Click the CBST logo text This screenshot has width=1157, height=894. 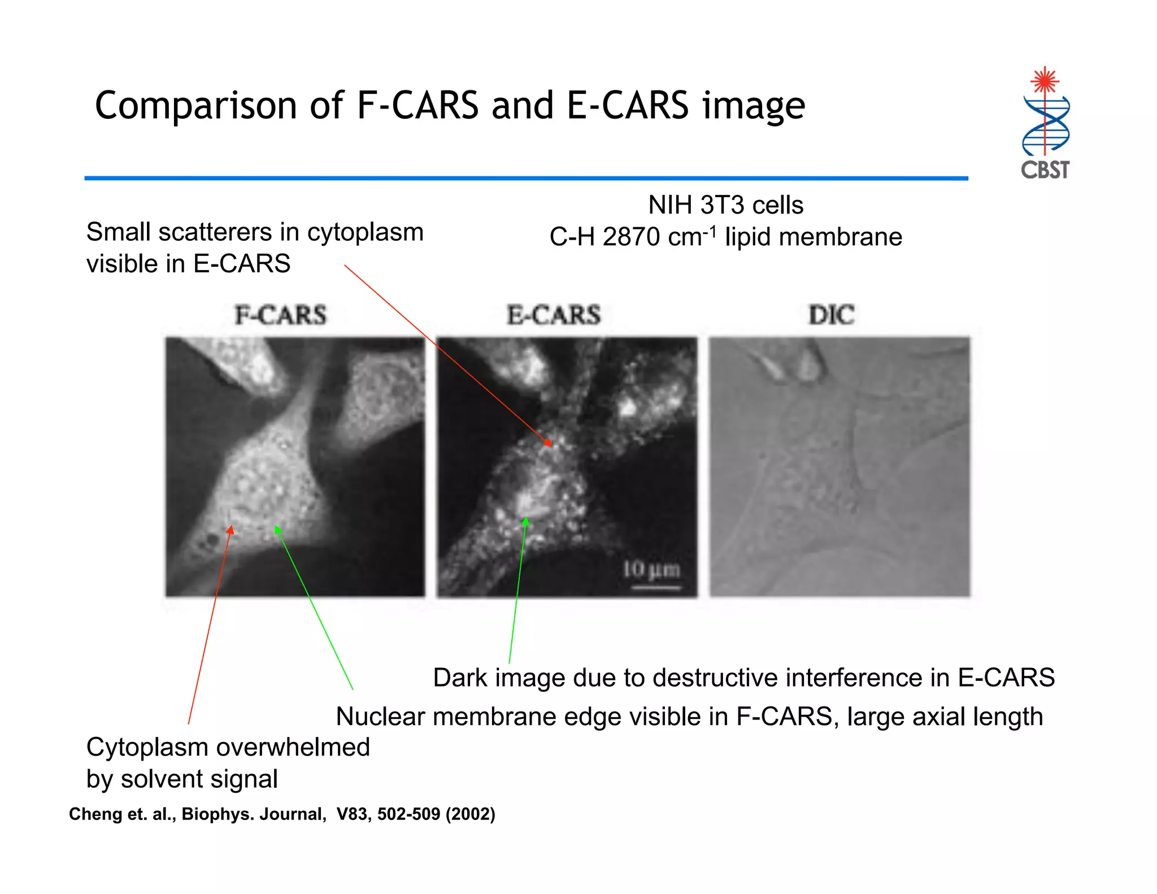click(x=1045, y=170)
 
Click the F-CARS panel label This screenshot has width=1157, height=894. click(x=281, y=315)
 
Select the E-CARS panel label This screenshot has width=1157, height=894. click(x=554, y=315)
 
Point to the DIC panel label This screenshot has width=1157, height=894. click(x=832, y=315)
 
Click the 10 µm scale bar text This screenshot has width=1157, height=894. click(x=651, y=570)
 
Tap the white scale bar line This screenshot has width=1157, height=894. click(x=655, y=588)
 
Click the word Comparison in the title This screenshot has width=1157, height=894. click(x=196, y=106)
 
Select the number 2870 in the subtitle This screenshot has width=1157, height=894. click(x=631, y=237)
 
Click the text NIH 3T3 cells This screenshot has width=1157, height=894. click(x=725, y=205)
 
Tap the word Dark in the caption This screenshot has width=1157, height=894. click(x=461, y=678)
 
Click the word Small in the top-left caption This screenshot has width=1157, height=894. click(x=117, y=232)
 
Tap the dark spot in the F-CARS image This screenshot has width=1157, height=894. click(x=212, y=540)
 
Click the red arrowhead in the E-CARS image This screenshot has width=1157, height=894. click(x=548, y=442)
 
